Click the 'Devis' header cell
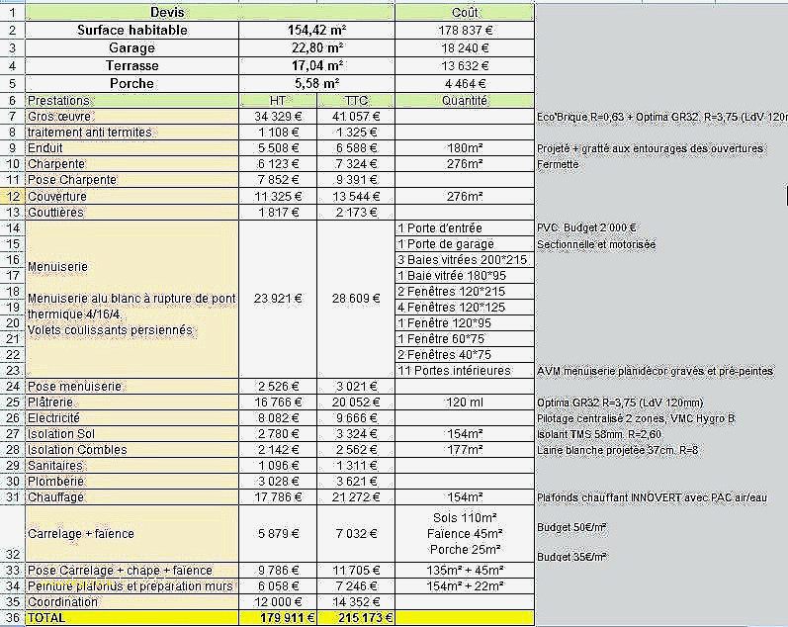point(166,13)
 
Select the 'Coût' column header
point(464,13)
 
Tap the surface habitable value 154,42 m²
point(316,31)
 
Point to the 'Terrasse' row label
point(131,66)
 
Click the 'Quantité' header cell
point(464,101)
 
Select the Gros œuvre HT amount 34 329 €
point(278,117)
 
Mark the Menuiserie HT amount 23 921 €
point(278,298)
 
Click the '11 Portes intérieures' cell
point(454,371)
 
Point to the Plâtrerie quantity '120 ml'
point(464,403)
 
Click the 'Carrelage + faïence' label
point(81,534)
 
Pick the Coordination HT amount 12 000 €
point(278,602)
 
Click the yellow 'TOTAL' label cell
point(46,618)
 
